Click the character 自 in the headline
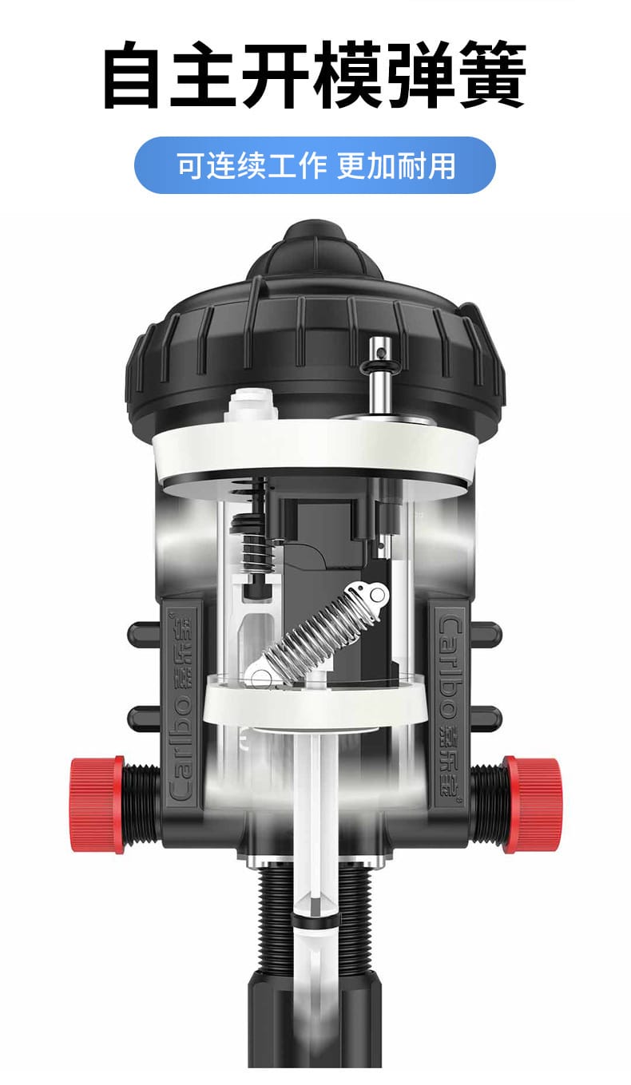132,75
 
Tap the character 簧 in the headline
492,75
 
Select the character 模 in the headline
348,75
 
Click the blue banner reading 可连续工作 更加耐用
315,165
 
